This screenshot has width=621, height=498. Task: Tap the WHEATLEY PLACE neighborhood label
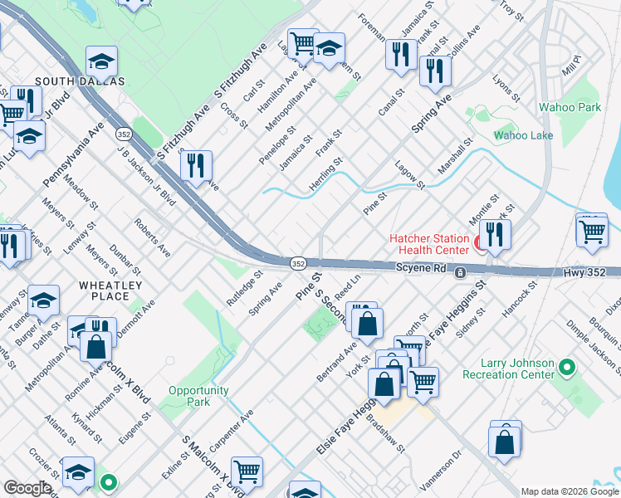coord(105,290)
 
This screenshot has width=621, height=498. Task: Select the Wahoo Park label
coord(570,108)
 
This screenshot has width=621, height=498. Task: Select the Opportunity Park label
coord(198,396)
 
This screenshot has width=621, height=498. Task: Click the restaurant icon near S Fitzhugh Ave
coord(196,166)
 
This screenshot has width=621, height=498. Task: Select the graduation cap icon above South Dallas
coord(102,61)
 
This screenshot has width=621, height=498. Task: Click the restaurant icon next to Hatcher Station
coord(495,233)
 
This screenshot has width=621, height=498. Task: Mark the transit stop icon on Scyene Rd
coord(461,272)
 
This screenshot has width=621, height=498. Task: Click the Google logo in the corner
coord(27,488)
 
